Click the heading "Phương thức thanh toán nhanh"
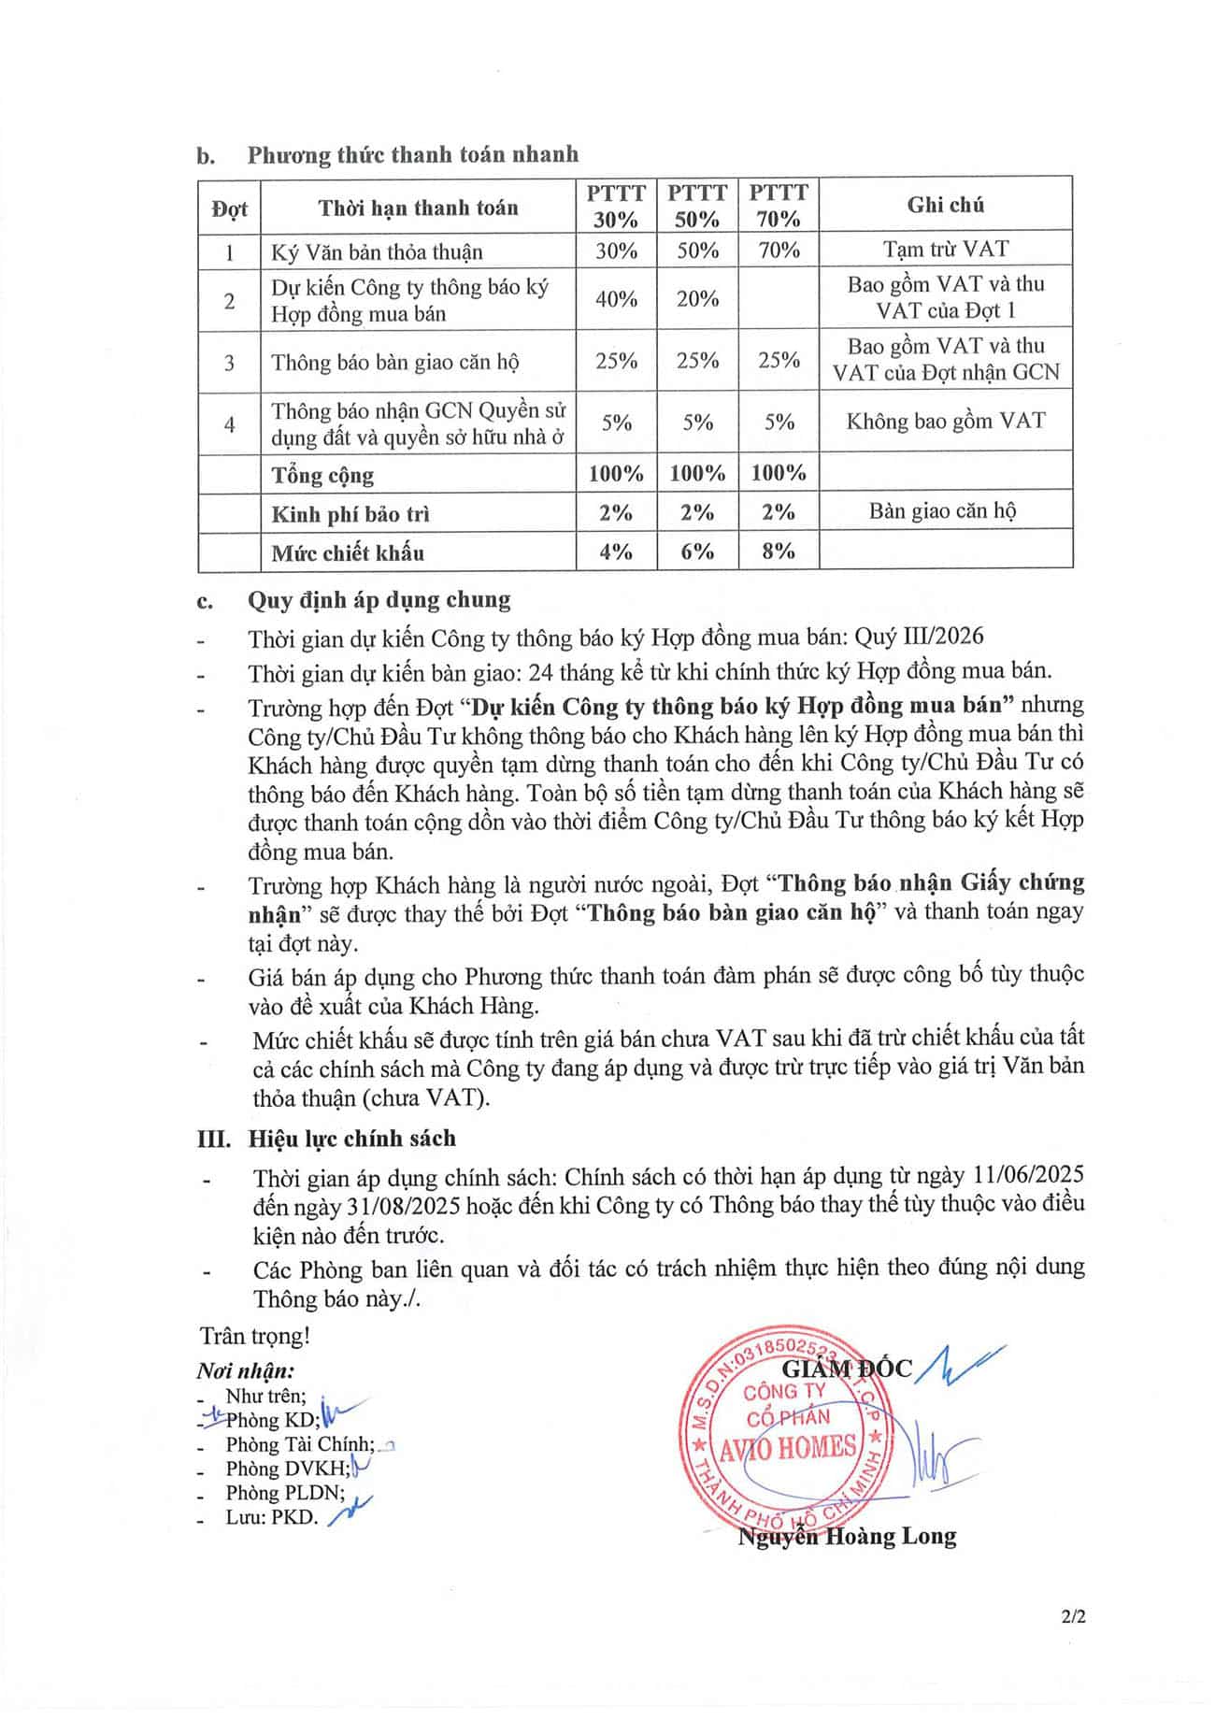point(412,154)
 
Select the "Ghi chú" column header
point(945,205)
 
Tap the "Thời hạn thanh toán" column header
point(418,208)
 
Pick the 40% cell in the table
point(616,299)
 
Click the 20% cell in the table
point(697,299)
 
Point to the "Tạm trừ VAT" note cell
point(945,250)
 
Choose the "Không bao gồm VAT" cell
point(945,422)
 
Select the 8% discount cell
point(778,552)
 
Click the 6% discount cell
point(697,552)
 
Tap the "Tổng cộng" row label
point(322,475)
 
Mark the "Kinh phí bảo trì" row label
point(350,514)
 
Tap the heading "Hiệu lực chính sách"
point(351,1139)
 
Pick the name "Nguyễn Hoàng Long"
point(847,1537)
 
